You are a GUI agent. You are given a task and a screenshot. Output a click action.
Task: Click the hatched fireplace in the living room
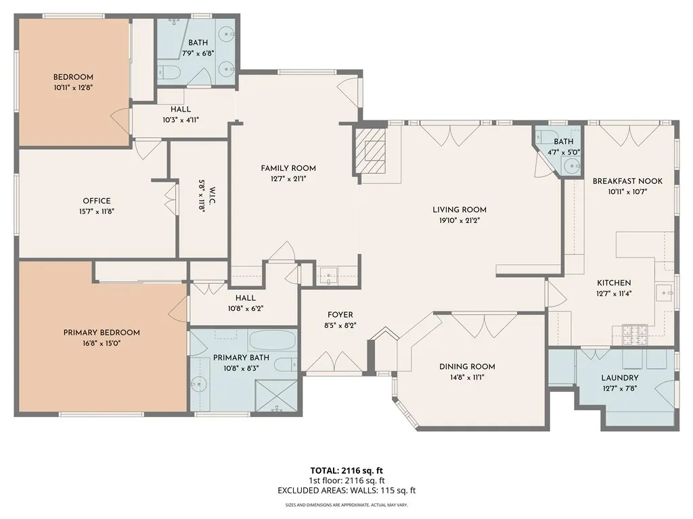[371, 151]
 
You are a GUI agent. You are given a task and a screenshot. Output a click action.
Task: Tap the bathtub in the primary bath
[272, 341]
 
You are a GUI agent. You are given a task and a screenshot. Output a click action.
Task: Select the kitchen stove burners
[635, 335]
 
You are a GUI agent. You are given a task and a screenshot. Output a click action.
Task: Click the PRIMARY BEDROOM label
[102, 332]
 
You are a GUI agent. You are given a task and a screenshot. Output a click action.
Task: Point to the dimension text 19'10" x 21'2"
[460, 220]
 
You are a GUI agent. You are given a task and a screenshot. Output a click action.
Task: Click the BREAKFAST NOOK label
[627, 181]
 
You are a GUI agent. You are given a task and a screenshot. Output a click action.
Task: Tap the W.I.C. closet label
[212, 195]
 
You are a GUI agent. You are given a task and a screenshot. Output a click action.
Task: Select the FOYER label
[340, 315]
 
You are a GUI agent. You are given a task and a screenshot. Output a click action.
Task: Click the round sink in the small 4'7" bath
[572, 166]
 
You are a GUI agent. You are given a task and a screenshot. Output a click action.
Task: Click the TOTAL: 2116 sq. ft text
[346, 470]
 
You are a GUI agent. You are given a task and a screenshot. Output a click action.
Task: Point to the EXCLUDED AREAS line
[346, 491]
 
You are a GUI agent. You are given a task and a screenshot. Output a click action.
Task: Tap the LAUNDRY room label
[620, 378]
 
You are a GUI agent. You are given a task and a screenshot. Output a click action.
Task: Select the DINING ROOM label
[467, 367]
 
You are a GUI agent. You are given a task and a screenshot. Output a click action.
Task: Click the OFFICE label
[97, 201]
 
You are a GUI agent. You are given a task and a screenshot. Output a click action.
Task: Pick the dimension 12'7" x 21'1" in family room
[288, 178]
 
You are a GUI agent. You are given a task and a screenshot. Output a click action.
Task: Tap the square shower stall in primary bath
[277, 396]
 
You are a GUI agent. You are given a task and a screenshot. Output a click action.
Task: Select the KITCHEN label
[614, 283]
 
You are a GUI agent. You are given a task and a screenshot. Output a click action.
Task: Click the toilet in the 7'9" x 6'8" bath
[169, 72]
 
